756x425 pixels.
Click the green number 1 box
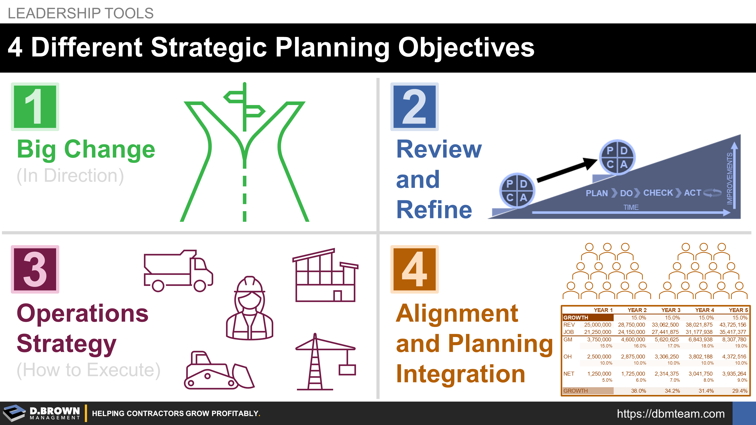(35, 106)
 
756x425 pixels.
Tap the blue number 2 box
(414, 106)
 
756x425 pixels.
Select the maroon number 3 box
(35, 269)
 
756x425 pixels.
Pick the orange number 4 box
(414, 269)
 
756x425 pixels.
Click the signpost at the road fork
(245, 107)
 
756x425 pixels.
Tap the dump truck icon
(178, 270)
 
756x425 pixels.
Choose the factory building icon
(325, 275)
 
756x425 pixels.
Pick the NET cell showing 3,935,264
(734, 374)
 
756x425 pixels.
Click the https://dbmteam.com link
(671, 414)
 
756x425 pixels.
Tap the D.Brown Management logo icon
(14, 413)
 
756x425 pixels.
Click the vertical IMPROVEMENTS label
(729, 178)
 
